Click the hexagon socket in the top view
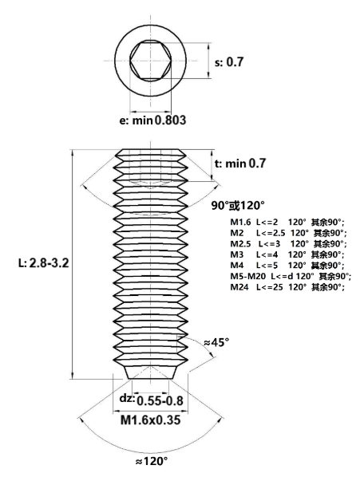pyautogui.click(x=150, y=61)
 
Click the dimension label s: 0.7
pyautogui.click(x=229, y=62)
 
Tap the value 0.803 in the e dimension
pyautogui.click(x=170, y=120)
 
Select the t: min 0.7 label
pyautogui.click(x=240, y=164)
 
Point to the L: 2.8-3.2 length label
pyautogui.click(x=44, y=263)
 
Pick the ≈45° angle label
pyautogui.click(x=216, y=342)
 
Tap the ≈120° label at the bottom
pyautogui.click(x=152, y=462)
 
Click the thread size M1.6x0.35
pyautogui.click(x=150, y=420)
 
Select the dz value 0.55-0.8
pyautogui.click(x=160, y=401)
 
